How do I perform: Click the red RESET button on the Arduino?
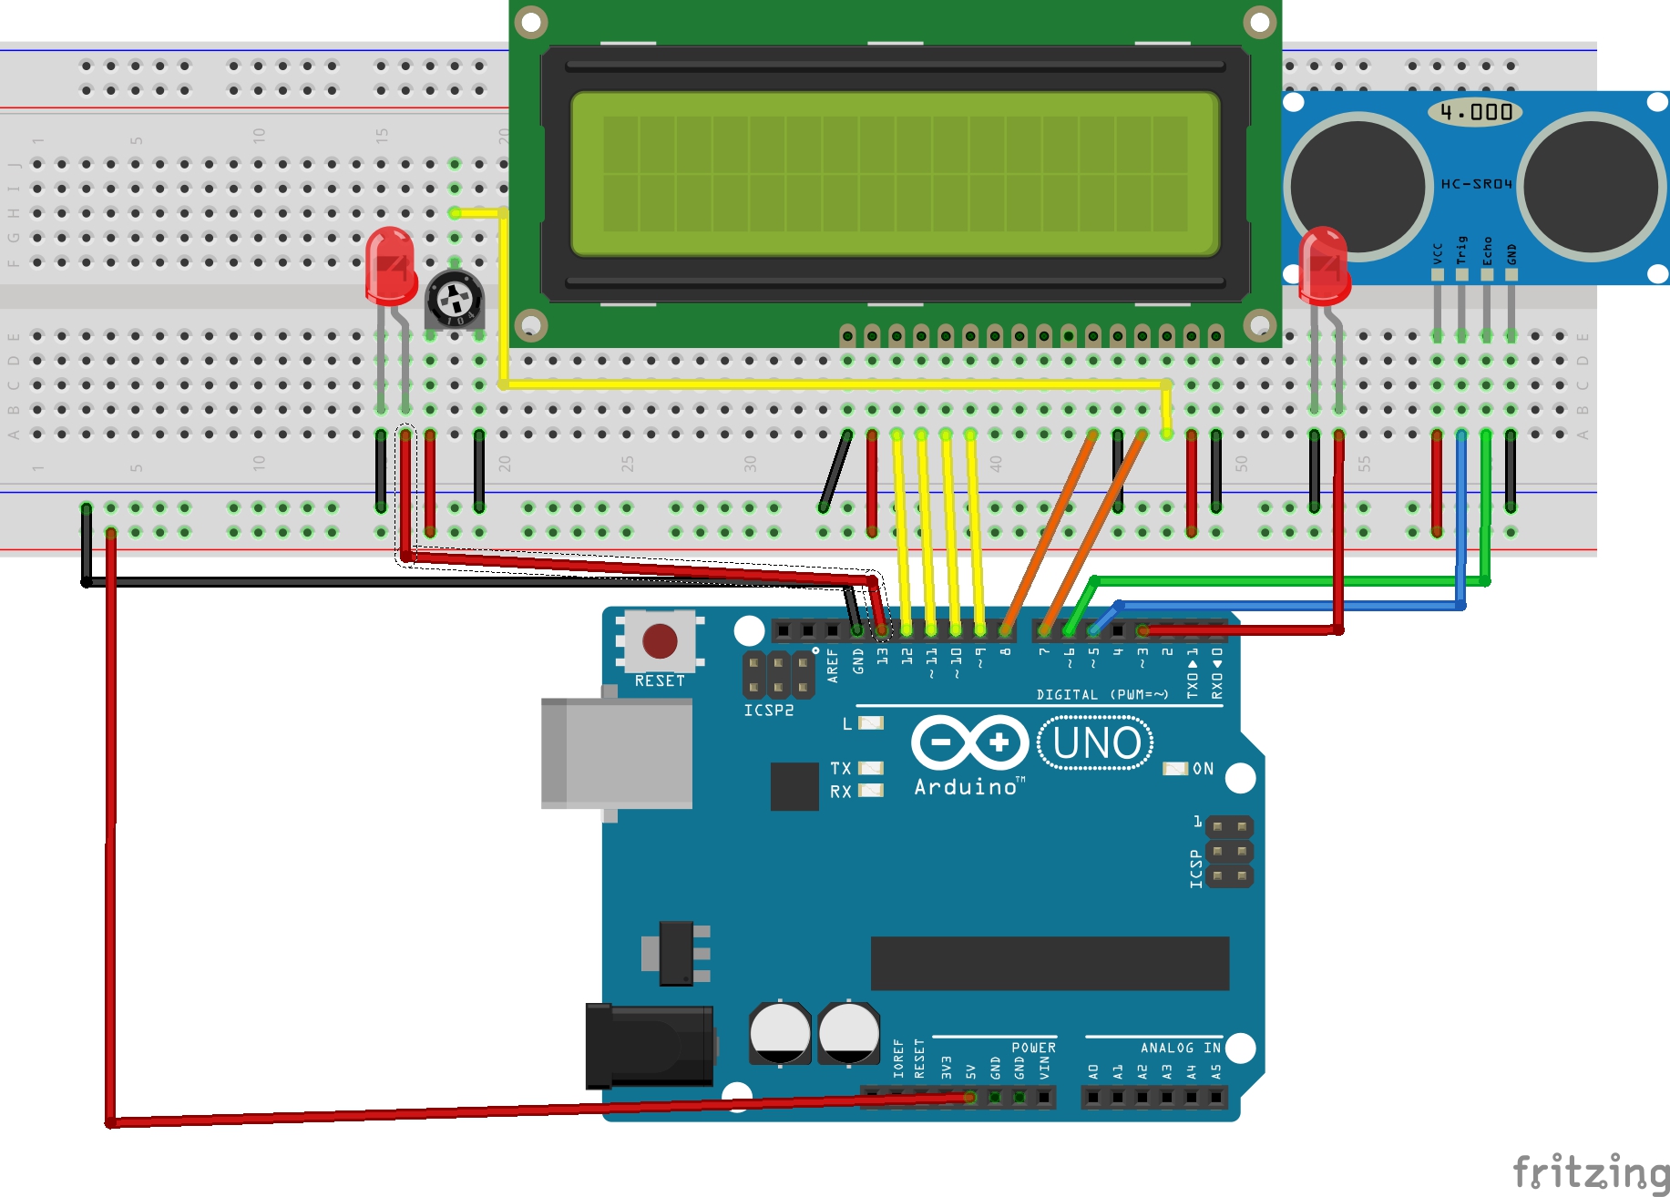pyautogui.click(x=660, y=641)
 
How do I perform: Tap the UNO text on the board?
pyautogui.click(x=1096, y=743)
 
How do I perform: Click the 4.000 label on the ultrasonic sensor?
pyautogui.click(x=1476, y=112)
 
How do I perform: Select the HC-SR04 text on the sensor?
pyautogui.click(x=1476, y=184)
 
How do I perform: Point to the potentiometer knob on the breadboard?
pyautogui.click(x=453, y=298)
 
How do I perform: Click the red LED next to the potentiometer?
pyautogui.click(x=390, y=265)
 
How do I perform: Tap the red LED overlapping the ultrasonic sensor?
pyautogui.click(x=1323, y=265)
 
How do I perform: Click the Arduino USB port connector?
pyautogui.click(x=616, y=753)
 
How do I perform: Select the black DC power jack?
pyautogui.click(x=649, y=1046)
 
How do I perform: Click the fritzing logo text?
pyautogui.click(x=1590, y=1171)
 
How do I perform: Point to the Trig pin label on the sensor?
pyautogui.click(x=1461, y=250)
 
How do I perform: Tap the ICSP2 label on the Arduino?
pyautogui.click(x=768, y=711)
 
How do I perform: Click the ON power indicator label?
pyautogui.click(x=1203, y=769)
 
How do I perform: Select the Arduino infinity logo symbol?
pyautogui.click(x=969, y=742)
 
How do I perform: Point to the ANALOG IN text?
pyautogui.click(x=1180, y=1048)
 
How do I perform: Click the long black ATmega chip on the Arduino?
pyautogui.click(x=1050, y=963)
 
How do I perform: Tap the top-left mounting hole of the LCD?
pyautogui.click(x=531, y=20)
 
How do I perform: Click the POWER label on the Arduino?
pyautogui.click(x=1033, y=1048)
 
